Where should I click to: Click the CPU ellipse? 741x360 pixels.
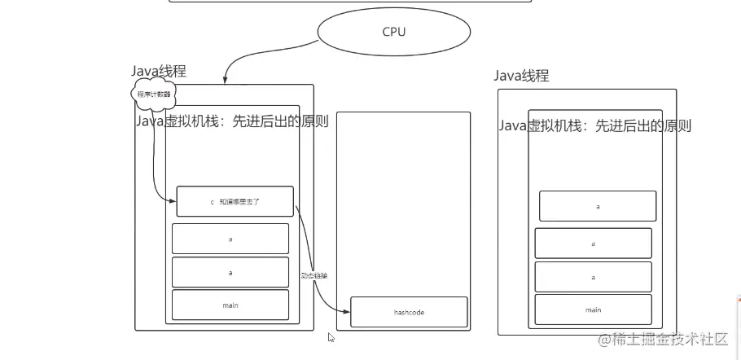394,32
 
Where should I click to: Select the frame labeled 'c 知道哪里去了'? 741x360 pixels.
235,201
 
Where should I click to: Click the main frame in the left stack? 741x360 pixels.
230,305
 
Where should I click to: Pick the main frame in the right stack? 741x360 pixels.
593,310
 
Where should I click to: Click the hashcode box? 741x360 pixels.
409,312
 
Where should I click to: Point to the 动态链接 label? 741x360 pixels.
313,275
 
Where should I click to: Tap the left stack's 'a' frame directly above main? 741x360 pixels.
230,272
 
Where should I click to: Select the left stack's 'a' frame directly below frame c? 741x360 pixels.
230,238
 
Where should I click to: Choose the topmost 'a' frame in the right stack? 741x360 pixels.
598,206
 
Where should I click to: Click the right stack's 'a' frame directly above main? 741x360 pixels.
593,277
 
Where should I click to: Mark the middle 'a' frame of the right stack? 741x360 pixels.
593,244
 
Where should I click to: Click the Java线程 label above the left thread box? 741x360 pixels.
159,72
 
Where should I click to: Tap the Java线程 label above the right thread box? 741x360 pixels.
522,76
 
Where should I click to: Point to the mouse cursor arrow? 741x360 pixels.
331,336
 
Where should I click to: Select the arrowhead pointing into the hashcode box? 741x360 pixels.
348,310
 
